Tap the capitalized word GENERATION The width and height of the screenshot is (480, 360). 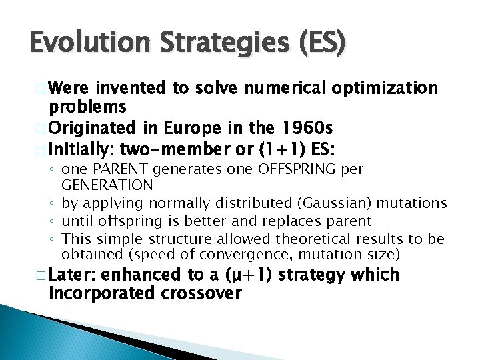pyautogui.click(x=107, y=185)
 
